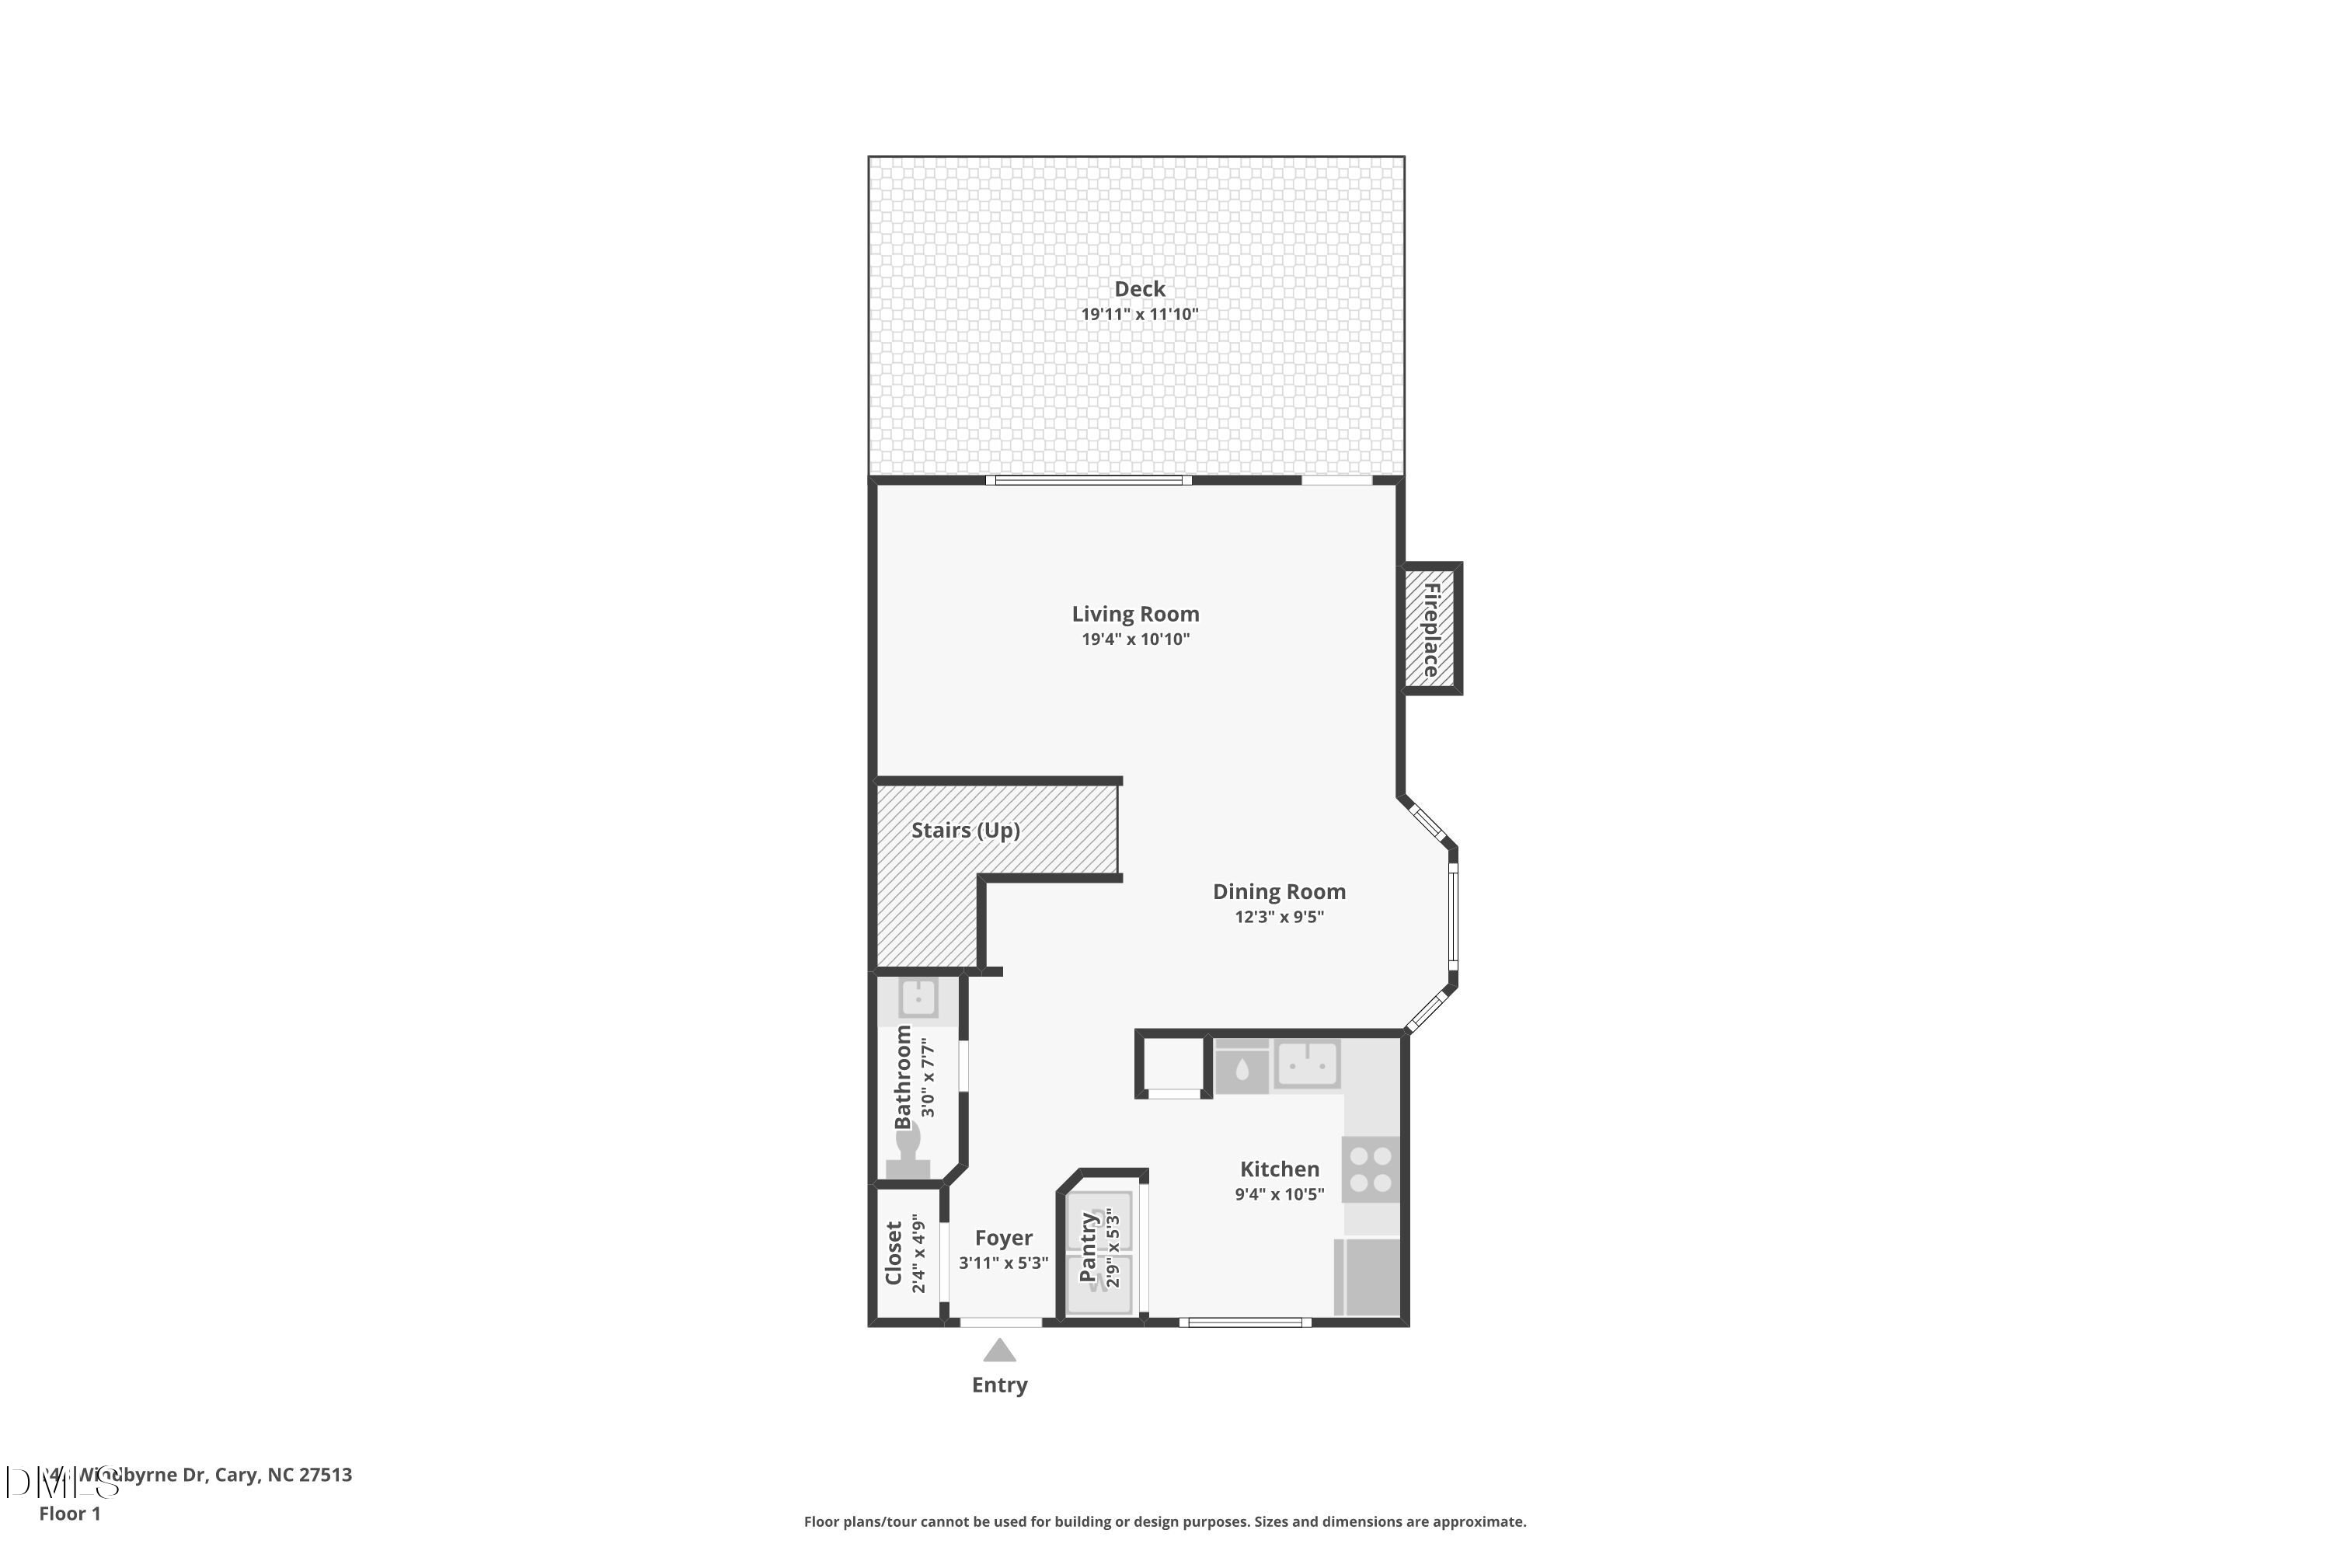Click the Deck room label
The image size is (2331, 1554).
(1139, 288)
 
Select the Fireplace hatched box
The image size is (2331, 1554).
(1430, 629)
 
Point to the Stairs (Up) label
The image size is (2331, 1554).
(965, 830)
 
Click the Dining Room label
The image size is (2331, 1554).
(1278, 891)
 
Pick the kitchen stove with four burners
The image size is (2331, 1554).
(1371, 1169)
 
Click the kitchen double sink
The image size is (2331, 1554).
(1307, 1064)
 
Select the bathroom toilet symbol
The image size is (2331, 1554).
(908, 1155)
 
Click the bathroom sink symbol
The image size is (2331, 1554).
(918, 999)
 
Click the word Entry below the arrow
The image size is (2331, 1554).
(999, 1385)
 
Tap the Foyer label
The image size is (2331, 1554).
(1003, 1237)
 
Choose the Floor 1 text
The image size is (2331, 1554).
(69, 1514)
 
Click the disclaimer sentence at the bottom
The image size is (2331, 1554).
(1165, 1521)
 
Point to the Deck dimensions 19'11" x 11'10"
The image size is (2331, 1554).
(1139, 314)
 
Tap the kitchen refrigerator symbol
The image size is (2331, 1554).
(1368, 1277)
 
